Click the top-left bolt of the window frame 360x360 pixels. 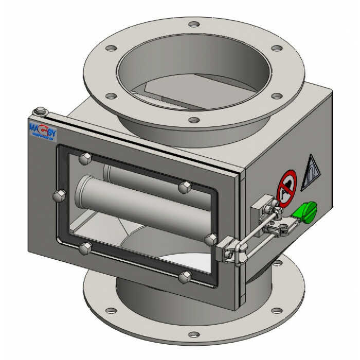point(85,158)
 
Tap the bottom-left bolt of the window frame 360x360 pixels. point(84,250)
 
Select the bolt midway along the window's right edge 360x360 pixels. point(210,239)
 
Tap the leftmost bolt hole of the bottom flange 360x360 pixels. point(110,310)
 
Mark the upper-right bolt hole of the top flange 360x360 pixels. point(277,48)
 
